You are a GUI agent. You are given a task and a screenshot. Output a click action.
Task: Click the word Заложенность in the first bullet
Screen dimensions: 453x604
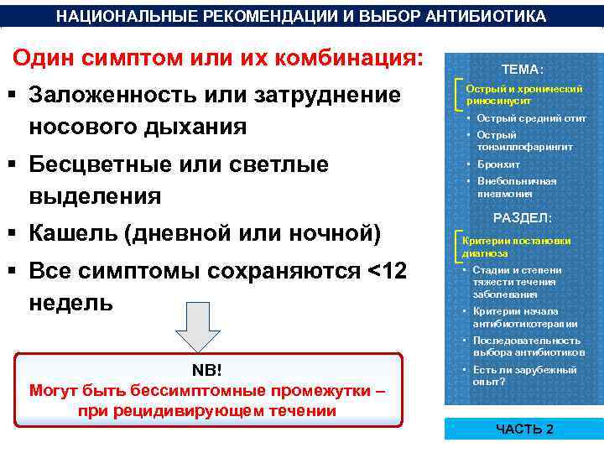tap(112, 96)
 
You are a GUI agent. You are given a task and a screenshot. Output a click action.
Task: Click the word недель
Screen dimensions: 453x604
tap(70, 302)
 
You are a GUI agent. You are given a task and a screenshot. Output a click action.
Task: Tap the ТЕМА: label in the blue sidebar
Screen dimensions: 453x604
tap(522, 69)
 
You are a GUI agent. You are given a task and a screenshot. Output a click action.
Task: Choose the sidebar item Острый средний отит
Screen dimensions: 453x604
tap(531, 118)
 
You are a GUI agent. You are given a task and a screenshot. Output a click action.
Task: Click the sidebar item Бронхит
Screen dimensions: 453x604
tap(498, 164)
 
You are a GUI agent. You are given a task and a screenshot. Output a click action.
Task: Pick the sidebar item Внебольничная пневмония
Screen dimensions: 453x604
tap(516, 187)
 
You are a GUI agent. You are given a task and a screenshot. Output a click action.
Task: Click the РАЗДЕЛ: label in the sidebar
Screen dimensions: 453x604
tap(522, 218)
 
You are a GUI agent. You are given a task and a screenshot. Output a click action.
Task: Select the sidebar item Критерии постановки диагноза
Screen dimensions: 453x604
tap(516, 247)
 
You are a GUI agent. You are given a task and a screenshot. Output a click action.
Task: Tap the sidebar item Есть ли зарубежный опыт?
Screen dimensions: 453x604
tap(524, 375)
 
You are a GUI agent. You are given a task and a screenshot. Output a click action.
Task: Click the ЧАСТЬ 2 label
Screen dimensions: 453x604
tap(525, 430)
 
